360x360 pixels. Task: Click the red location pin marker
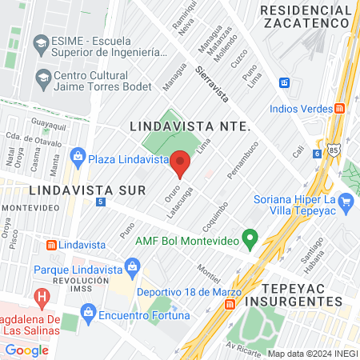[x=180, y=164]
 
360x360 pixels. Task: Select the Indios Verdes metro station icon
[x=340, y=108]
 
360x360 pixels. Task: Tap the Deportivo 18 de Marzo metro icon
[x=230, y=304]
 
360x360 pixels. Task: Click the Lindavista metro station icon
[x=51, y=244]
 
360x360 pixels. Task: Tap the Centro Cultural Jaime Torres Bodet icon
[x=43, y=78]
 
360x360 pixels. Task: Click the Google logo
[x=26, y=350]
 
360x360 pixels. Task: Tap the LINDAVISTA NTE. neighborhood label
[x=190, y=126]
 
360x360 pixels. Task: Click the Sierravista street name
[x=212, y=84]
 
